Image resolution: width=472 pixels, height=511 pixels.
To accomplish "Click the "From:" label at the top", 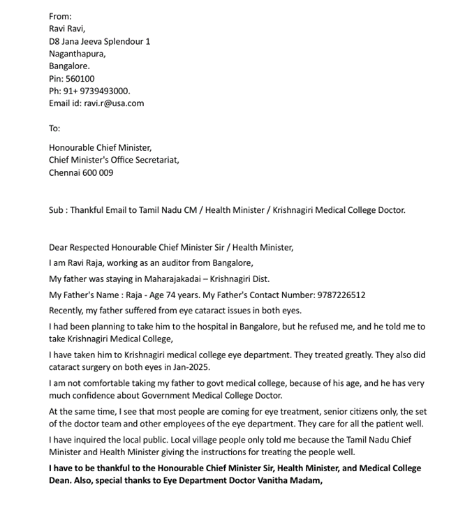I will [60, 16].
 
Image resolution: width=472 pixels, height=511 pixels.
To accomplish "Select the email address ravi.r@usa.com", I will [114, 103].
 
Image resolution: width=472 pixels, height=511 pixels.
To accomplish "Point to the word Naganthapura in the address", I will [77, 54].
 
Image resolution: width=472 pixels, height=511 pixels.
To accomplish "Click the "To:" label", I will [54, 128].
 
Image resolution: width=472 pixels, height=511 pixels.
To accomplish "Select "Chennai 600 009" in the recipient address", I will [81, 172].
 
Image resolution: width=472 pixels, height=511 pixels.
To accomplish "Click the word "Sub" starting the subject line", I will [57, 209].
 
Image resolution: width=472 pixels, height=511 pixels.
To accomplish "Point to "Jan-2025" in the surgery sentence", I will [190, 367].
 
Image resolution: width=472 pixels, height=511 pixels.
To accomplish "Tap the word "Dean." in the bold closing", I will [61, 480].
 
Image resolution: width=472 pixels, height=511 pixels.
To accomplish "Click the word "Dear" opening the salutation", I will [59, 247].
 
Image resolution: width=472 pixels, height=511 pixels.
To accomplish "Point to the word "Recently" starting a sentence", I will [67, 311].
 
